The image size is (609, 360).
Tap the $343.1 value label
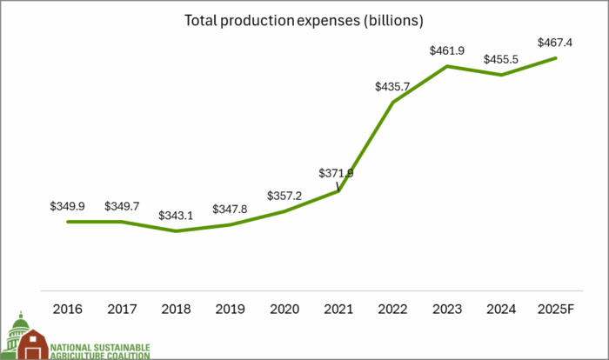(x=176, y=215)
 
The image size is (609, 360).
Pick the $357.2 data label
(x=284, y=196)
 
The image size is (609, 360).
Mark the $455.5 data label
(x=502, y=59)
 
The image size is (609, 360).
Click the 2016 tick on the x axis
(x=67, y=309)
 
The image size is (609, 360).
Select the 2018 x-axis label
(x=176, y=309)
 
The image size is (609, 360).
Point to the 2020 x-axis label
(x=284, y=309)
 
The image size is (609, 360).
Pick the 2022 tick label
(x=393, y=309)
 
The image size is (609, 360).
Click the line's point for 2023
(x=447, y=66)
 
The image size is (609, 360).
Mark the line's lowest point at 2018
(x=176, y=231)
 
